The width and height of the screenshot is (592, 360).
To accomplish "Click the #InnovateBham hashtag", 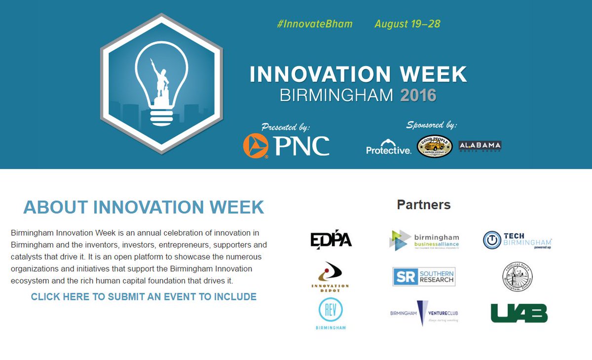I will click(315, 24).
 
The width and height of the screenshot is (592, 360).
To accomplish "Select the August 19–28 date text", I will click(407, 24).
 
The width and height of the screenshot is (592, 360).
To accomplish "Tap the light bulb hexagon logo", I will click(162, 84).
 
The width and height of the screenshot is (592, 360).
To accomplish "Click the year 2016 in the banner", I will click(418, 95).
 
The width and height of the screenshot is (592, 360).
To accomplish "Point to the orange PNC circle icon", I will click(256, 146).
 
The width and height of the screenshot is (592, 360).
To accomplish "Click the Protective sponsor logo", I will click(388, 147).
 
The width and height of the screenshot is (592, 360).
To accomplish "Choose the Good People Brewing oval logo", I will click(435, 146).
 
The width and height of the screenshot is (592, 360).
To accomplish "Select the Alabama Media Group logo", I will click(480, 146).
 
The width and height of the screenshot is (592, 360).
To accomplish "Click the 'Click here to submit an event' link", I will click(144, 297).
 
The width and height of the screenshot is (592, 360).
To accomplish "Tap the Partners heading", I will click(423, 205).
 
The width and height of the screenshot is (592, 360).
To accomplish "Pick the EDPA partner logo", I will click(331, 240).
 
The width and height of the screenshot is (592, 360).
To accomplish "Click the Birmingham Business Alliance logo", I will click(424, 240).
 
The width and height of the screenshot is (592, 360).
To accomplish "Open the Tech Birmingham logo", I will click(517, 240).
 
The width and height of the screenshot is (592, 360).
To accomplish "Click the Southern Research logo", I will click(424, 277).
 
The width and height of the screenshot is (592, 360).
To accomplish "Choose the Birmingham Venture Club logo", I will click(424, 313).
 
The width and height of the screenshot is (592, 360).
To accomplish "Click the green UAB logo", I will click(519, 313).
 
